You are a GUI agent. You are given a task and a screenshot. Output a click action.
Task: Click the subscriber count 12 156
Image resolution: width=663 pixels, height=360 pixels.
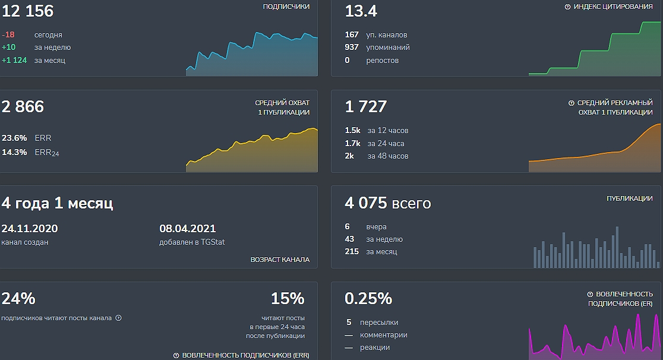click(27, 11)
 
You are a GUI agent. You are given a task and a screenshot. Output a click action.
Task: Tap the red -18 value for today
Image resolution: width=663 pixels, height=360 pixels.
click(9, 35)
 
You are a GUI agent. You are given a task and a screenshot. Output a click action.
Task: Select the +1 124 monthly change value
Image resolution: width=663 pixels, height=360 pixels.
click(14, 60)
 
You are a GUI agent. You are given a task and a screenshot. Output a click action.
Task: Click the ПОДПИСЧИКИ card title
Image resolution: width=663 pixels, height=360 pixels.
click(286, 7)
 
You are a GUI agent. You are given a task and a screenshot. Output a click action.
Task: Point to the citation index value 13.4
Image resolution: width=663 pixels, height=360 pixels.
click(361, 11)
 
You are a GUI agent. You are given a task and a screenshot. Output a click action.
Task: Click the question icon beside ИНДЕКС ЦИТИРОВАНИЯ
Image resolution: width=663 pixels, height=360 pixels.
click(567, 7)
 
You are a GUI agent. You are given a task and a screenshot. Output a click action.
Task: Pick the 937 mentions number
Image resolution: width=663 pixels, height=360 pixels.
click(352, 47)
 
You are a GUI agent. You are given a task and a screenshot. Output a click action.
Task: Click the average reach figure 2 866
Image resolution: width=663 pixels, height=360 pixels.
click(23, 106)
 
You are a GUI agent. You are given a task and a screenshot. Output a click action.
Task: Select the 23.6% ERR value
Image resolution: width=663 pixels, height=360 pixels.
click(14, 138)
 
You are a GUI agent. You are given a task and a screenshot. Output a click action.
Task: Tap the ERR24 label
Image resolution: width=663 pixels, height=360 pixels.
click(47, 153)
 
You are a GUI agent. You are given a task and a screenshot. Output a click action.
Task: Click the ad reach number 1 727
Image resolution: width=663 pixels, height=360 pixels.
click(366, 106)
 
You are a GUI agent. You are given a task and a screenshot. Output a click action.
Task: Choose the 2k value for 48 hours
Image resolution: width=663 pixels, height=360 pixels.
click(349, 156)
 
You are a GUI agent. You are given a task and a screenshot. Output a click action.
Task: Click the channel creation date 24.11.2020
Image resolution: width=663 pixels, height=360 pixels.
click(30, 229)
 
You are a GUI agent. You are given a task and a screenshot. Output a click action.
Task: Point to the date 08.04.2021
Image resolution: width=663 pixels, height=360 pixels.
click(188, 229)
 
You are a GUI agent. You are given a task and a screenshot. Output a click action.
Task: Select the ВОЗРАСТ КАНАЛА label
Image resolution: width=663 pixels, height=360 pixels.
click(280, 260)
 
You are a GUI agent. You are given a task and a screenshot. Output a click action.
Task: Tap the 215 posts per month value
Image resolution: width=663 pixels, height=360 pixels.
click(352, 251)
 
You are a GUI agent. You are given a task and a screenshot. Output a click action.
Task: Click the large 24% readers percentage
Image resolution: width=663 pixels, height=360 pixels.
click(18, 298)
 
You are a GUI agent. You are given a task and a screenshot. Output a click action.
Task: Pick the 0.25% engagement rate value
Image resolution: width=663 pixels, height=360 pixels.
click(368, 298)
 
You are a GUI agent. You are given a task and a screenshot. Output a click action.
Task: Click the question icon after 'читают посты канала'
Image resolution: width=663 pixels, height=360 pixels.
click(118, 318)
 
